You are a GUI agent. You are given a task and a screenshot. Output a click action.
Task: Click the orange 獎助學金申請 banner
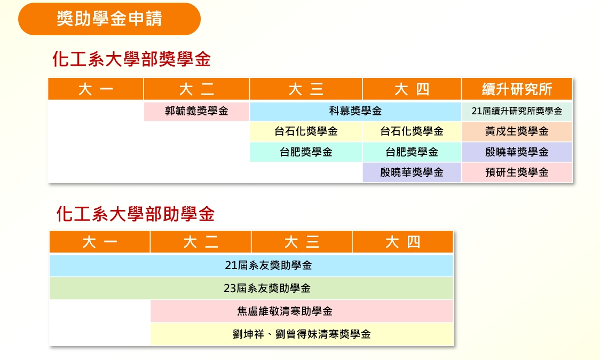click(109, 19)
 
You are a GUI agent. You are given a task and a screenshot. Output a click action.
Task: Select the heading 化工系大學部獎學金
click(132, 59)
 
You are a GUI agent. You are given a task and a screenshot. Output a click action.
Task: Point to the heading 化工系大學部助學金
click(136, 214)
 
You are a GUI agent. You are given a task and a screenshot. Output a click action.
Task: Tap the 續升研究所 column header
click(517, 89)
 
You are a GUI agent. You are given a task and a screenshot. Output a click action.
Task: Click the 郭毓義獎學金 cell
click(196, 111)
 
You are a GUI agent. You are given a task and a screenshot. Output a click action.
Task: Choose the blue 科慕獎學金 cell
click(355, 111)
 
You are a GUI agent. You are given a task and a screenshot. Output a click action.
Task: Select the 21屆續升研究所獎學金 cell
click(517, 111)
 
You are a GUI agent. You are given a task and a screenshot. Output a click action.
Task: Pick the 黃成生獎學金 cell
click(517, 131)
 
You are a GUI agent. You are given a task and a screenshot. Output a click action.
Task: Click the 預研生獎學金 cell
click(517, 173)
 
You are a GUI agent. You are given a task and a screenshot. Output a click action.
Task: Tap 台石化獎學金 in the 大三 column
click(306, 131)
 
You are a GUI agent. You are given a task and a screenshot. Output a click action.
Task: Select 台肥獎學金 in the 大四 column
click(412, 152)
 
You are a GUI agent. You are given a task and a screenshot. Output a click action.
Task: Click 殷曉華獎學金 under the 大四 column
click(412, 173)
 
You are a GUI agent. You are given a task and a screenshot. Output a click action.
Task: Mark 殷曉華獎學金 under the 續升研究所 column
click(517, 152)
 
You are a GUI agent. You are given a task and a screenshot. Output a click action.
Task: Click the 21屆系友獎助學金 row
click(251, 265)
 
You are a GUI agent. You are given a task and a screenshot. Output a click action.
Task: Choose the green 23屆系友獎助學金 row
click(251, 288)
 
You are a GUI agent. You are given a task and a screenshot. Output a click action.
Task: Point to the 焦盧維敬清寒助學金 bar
click(302, 311)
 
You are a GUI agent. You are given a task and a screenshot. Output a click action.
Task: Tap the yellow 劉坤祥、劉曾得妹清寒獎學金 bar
click(302, 334)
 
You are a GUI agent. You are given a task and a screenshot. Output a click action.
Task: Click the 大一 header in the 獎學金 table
click(96, 89)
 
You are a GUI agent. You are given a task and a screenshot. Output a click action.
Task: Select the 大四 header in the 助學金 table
click(402, 242)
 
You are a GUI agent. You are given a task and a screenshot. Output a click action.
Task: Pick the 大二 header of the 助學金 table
click(201, 242)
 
